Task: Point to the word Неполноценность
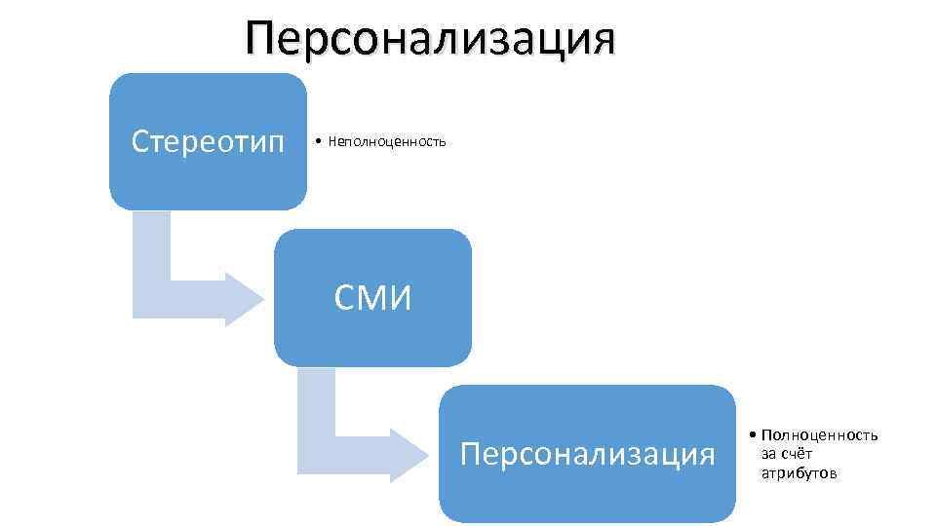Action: [x=387, y=142]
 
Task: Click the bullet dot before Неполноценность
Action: [x=320, y=142]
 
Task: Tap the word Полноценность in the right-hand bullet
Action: [x=819, y=435]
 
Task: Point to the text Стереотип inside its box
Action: [x=208, y=142]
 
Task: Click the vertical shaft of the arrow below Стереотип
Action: [x=151, y=258]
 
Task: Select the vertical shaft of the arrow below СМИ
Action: [x=317, y=404]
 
